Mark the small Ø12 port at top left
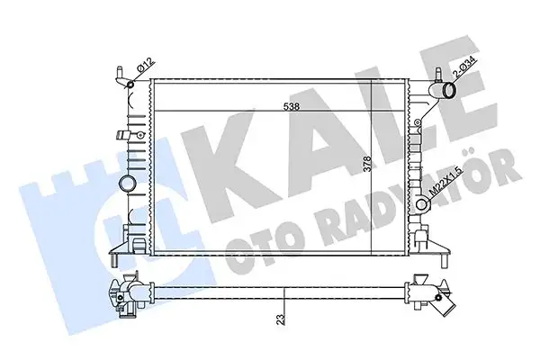coord(132,85)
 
